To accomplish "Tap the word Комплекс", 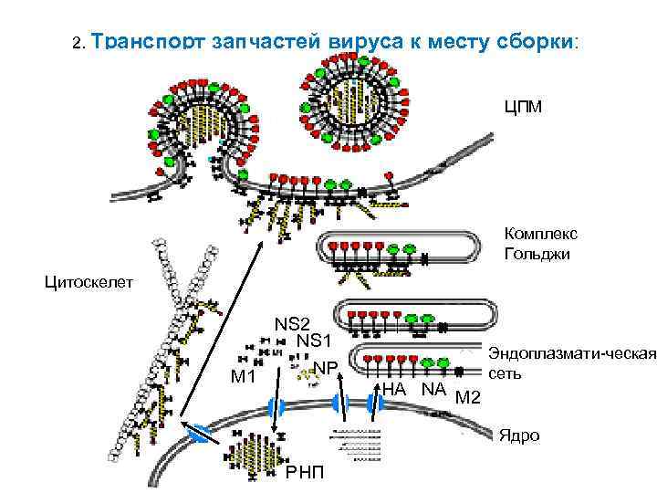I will tap(540, 235).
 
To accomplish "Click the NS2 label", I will tap(293, 323).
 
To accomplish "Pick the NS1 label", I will tap(314, 341).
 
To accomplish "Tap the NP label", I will tap(326, 368).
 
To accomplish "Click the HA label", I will tap(394, 390).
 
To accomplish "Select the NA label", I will tap(433, 390).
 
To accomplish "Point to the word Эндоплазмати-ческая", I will tap(573, 354).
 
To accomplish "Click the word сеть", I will tap(505, 372).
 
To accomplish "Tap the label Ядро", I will tap(518, 435).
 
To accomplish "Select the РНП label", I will tap(304, 472).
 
